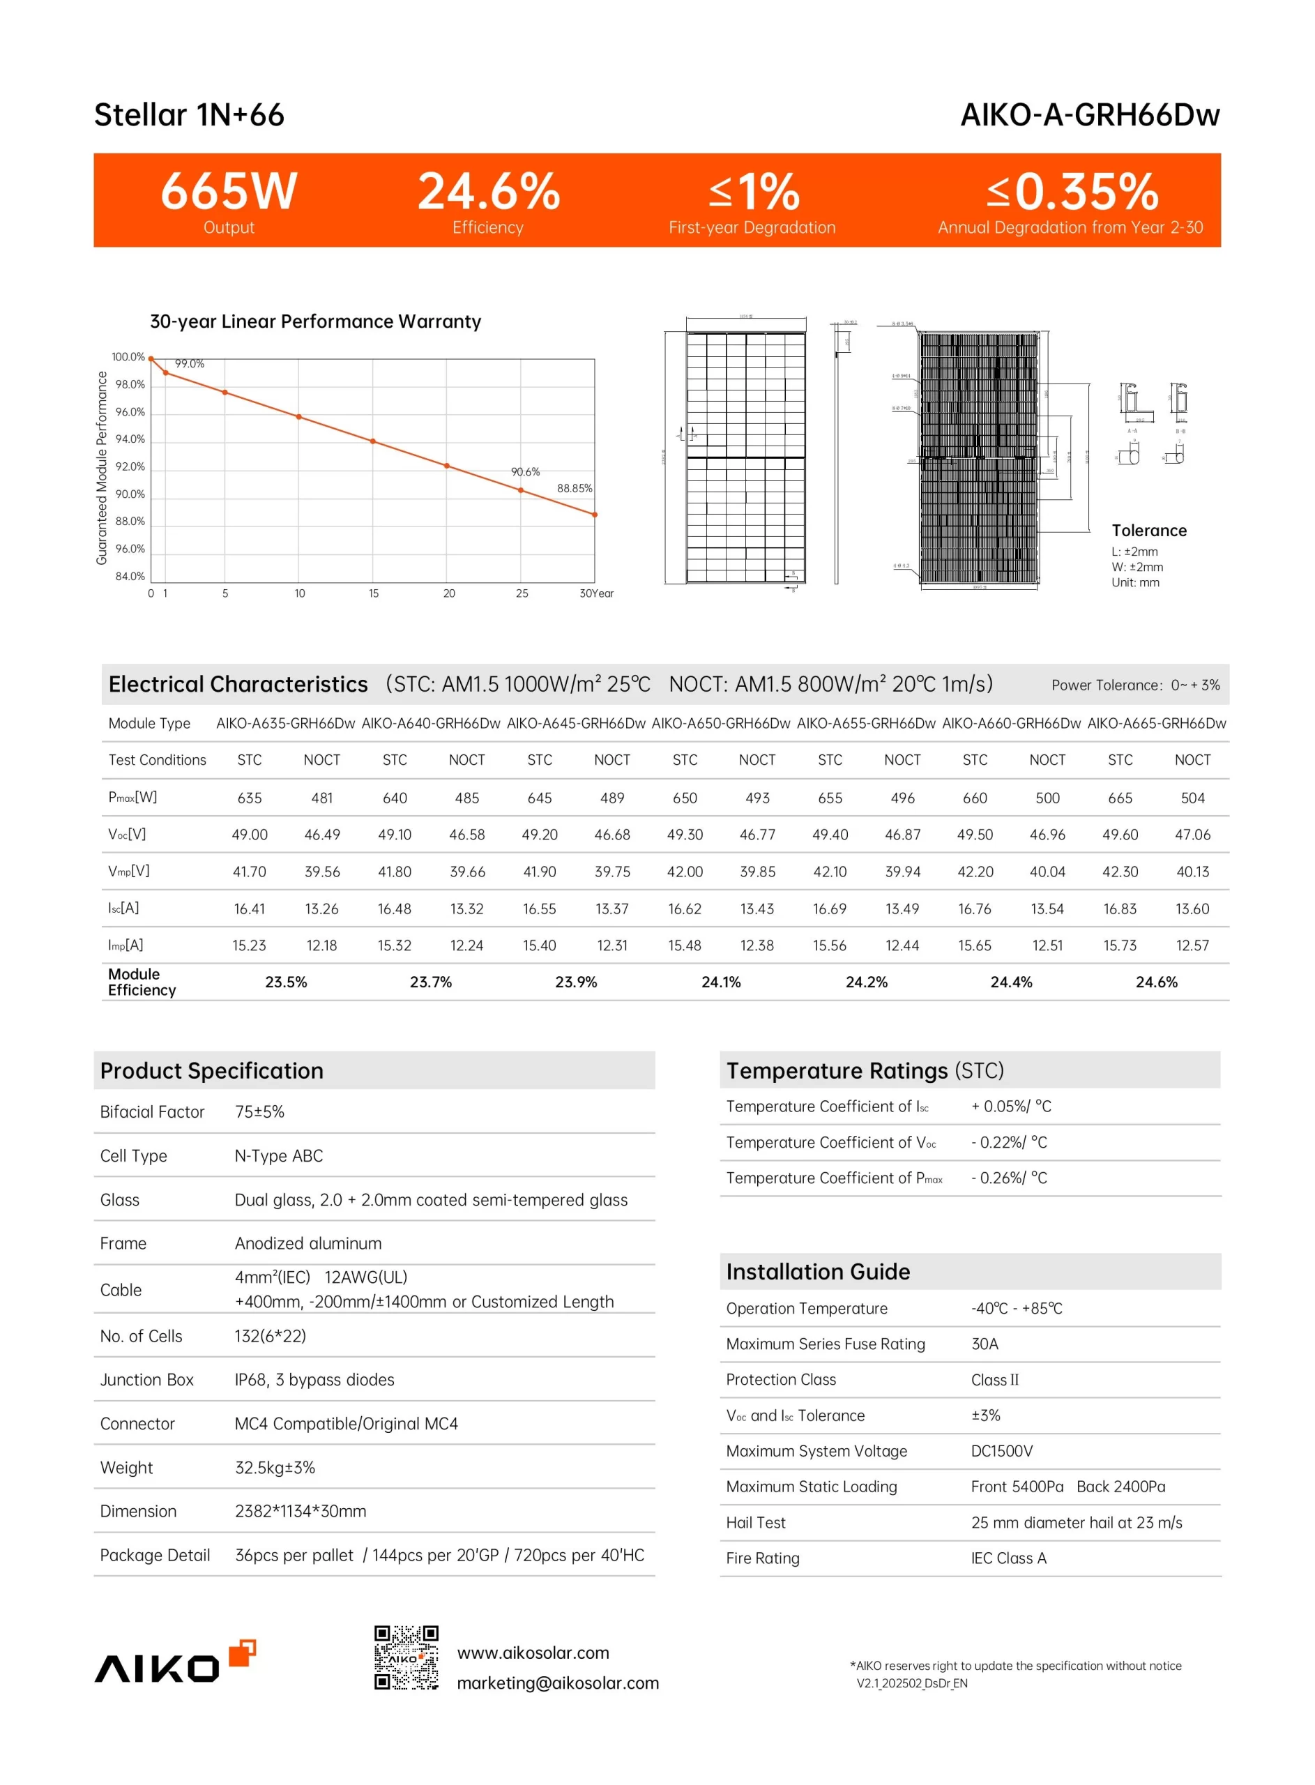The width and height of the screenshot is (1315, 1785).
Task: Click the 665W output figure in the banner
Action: (x=229, y=191)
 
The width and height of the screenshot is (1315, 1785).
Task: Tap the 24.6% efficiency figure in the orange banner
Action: (x=489, y=191)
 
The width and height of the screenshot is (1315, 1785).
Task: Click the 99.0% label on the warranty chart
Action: (x=190, y=364)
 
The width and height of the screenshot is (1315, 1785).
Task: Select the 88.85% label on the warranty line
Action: (x=574, y=488)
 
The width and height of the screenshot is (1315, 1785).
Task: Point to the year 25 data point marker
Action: (x=522, y=490)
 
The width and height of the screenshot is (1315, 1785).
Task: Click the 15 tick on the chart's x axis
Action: (x=373, y=593)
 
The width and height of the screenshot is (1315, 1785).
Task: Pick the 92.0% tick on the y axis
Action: (x=130, y=466)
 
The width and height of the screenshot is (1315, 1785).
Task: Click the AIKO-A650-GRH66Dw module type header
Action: (x=720, y=723)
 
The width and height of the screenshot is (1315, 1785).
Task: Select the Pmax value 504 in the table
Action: (x=1192, y=798)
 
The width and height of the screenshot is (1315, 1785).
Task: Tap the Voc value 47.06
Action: (x=1192, y=834)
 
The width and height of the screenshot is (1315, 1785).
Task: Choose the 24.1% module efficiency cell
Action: (x=720, y=982)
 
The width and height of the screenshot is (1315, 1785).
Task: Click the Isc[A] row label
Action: (x=123, y=908)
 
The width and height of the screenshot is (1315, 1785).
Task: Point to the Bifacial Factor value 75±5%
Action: (x=259, y=1111)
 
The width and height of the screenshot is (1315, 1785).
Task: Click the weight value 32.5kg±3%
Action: (x=275, y=1468)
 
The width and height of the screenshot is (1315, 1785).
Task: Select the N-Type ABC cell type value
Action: (x=279, y=1155)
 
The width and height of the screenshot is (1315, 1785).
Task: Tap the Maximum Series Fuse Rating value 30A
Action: (x=985, y=1344)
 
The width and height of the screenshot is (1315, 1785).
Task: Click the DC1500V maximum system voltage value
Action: (x=1001, y=1451)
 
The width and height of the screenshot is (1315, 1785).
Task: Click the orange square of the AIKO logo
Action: (x=242, y=1652)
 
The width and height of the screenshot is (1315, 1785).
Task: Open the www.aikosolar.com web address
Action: (x=533, y=1653)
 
